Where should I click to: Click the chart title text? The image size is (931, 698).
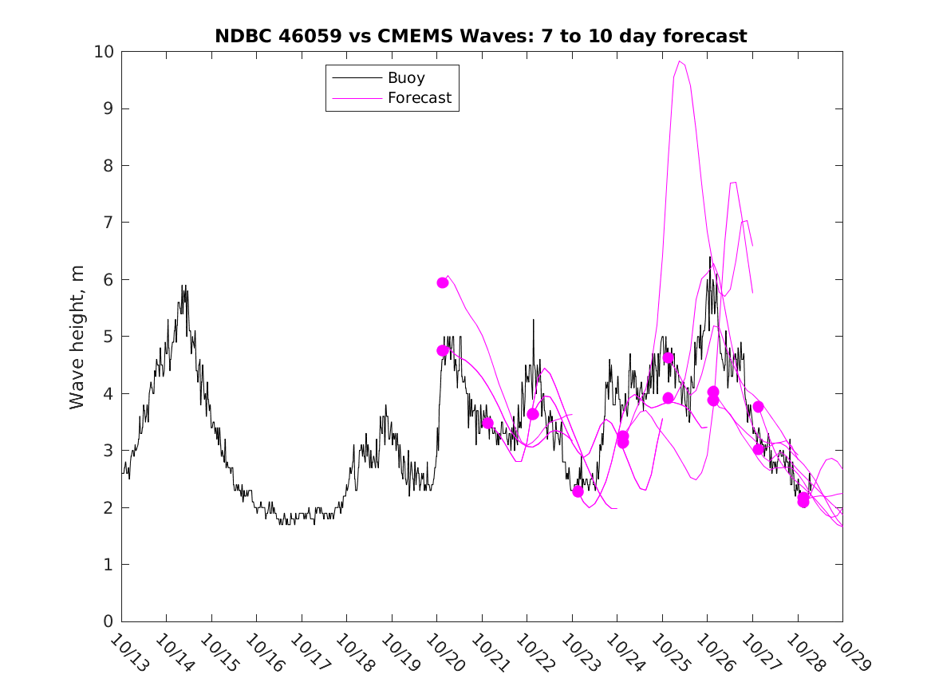[x=481, y=36]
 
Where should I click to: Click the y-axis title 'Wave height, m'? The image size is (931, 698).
[x=77, y=336]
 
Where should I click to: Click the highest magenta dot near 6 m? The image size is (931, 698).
[x=443, y=282]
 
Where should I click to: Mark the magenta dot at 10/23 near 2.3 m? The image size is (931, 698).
[x=578, y=491]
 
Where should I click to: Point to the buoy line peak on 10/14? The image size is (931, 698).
[x=183, y=286]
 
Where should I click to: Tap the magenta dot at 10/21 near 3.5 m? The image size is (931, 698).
[x=487, y=423]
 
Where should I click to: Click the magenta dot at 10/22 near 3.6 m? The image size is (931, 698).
[x=533, y=414]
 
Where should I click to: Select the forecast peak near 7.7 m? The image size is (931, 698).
[x=733, y=183]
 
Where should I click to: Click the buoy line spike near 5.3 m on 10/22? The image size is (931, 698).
[x=534, y=320]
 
